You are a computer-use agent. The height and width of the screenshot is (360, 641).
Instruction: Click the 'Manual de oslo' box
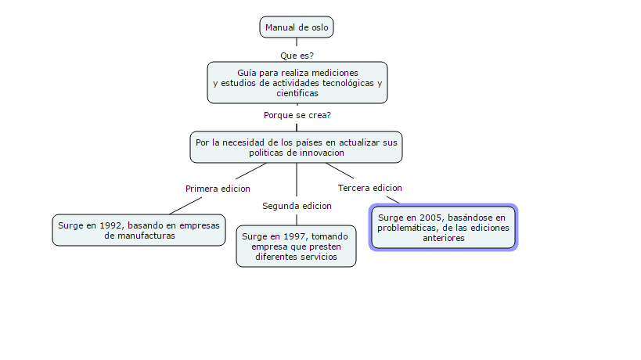[297, 27]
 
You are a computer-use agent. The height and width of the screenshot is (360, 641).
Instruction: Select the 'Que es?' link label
[297, 56]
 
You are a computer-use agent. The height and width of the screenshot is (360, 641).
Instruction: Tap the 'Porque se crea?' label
[297, 115]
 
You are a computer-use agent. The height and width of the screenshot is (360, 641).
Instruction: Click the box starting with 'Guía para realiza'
[297, 83]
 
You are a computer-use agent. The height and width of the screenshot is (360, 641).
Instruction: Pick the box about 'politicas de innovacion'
[297, 147]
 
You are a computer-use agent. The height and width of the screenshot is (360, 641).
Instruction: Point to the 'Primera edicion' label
[218, 189]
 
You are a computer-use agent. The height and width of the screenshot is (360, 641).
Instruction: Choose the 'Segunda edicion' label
[297, 206]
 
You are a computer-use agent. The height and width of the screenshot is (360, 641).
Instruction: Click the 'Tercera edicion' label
[370, 188]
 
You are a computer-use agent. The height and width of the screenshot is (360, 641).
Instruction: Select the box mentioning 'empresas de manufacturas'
[139, 230]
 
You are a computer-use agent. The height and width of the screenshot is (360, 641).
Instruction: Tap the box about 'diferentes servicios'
[297, 247]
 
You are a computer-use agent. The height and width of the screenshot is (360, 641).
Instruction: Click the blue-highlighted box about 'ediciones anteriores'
[444, 228]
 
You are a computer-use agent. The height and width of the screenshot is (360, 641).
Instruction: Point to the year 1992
[111, 225]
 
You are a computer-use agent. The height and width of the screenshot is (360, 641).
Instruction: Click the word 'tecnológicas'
[348, 84]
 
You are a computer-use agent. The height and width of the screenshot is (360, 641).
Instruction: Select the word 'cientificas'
[297, 94]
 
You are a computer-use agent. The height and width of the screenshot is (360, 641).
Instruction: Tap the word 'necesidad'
[243, 142]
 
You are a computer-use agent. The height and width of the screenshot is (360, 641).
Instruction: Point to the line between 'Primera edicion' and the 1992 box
[185, 206]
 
